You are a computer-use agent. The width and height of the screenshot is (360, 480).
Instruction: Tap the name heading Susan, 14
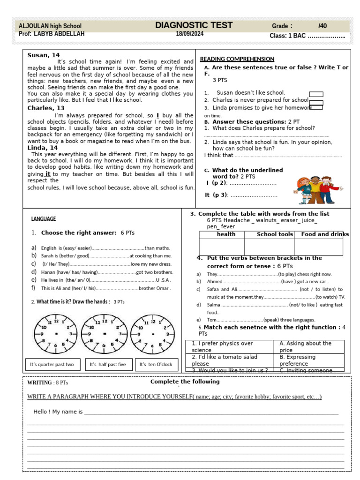[44, 55]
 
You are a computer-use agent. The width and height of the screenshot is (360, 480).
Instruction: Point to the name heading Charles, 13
[46, 108]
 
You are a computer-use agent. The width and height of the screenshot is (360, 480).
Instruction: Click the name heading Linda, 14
[43, 148]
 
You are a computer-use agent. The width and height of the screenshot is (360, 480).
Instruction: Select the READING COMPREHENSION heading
[237, 59]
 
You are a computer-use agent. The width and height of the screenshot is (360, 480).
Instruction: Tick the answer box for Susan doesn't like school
[316, 94]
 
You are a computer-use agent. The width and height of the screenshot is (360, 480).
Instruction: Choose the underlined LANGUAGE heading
[44, 218]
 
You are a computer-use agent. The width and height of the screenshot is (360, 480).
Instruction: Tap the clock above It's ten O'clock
[150, 334]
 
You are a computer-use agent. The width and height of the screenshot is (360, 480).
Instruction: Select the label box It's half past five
[108, 364]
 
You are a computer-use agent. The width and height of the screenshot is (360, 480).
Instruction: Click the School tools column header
[275, 234]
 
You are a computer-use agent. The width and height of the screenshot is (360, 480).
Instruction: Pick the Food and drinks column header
[324, 234]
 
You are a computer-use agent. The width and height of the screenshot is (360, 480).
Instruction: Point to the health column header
[226, 234]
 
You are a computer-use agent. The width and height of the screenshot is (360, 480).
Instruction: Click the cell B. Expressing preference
[308, 360]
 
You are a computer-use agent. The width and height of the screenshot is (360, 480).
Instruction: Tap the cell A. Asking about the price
[308, 346]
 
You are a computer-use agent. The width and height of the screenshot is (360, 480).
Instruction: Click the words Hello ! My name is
[58, 412]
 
